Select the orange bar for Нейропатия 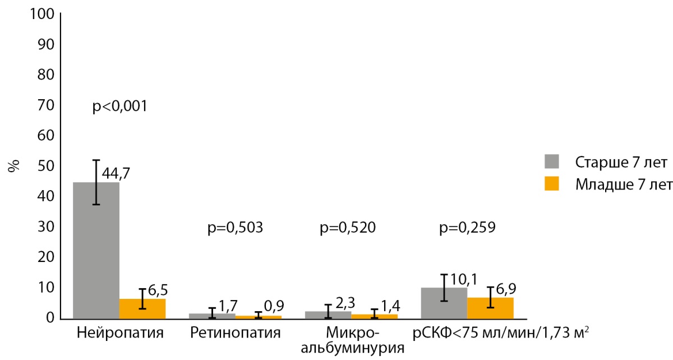[x=142, y=309]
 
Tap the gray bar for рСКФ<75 [x=444, y=303]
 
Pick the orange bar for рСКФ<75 [x=490, y=308]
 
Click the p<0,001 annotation [x=119, y=107]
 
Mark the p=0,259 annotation [x=468, y=228]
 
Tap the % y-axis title [x=14, y=166]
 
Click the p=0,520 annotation [x=348, y=228]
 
